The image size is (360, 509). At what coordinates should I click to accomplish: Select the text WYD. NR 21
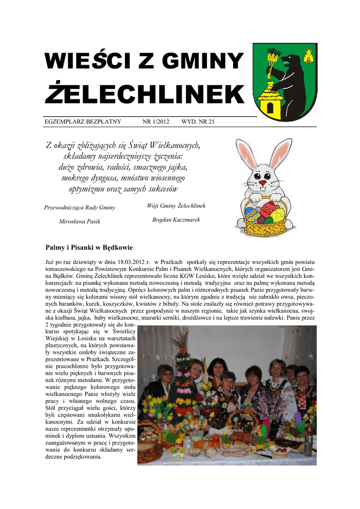[198, 122]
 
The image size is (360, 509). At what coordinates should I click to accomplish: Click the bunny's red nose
[263, 183]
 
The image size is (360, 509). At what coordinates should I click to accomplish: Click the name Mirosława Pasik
[80, 221]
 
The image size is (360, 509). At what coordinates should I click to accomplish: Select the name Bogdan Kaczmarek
[176, 219]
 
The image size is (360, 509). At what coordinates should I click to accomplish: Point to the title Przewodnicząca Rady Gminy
[80, 207]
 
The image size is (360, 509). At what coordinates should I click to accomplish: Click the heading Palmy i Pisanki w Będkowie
[89, 247]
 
